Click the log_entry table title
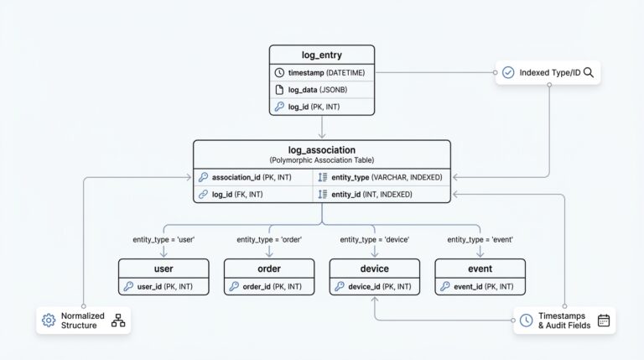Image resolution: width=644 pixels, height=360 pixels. click(322, 55)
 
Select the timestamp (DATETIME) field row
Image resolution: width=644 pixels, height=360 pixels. click(321, 72)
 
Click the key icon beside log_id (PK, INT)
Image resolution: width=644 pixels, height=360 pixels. click(279, 107)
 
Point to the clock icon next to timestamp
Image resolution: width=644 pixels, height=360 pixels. click(279, 72)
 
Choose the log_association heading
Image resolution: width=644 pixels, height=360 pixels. click(322, 150)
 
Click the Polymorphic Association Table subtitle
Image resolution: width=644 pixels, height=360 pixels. click(322, 159)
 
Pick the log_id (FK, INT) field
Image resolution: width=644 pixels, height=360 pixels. click(238, 195)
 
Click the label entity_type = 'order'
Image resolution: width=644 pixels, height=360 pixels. click(269, 239)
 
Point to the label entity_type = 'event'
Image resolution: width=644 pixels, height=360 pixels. click(480, 239)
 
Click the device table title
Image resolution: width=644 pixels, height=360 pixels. click(374, 269)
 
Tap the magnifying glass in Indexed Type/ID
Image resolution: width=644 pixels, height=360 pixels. click(589, 73)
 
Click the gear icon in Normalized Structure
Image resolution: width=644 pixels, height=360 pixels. click(49, 321)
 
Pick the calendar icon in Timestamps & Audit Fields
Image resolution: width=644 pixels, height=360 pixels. click(604, 321)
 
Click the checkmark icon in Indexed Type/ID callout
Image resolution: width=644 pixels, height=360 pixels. click(508, 73)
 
